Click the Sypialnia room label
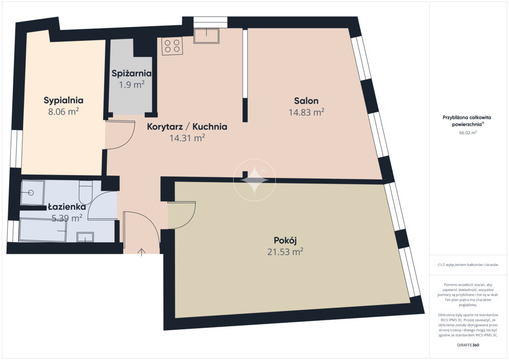(64, 100)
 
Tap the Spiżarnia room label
(131, 74)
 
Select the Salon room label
(306, 100)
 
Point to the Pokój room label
(285, 241)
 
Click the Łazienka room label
(67, 207)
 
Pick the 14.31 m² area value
(187, 138)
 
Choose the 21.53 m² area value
(285, 252)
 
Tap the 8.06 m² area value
(64, 112)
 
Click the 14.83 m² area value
(306, 112)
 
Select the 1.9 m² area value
(131, 85)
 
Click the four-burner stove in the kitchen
(172, 46)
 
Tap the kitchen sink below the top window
(206, 36)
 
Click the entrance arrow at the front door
(141, 252)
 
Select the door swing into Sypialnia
(120, 135)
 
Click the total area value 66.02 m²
(467, 132)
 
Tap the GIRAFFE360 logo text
(467, 345)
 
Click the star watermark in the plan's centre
(254, 180)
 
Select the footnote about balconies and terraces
(467, 265)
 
